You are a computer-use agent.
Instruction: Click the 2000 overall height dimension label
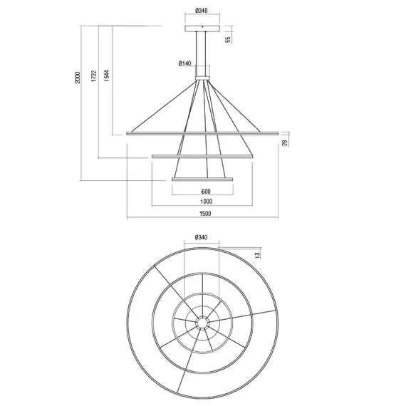pyautogui.click(x=78, y=78)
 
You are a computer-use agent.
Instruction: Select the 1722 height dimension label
pyautogui.click(x=93, y=78)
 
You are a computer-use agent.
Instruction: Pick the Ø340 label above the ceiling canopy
pyautogui.click(x=202, y=11)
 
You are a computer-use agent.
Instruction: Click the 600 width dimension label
pyautogui.click(x=205, y=192)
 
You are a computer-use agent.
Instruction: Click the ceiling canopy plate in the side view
pyautogui.click(x=202, y=31)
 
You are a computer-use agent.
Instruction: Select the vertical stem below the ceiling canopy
pyautogui.click(x=202, y=50)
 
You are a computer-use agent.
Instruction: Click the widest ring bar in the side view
pyautogui.click(x=202, y=133)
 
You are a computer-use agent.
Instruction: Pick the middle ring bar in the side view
pyautogui.click(x=202, y=157)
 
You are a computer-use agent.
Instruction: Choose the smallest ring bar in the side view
pyautogui.click(x=202, y=179)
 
